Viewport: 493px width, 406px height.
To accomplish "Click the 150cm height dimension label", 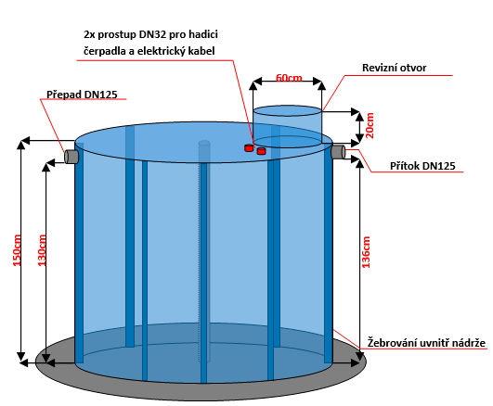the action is pyautogui.click(x=17, y=250).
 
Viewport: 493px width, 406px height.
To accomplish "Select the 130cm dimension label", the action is pyautogui.click(x=42, y=250).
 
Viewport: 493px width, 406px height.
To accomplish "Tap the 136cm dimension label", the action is pyautogui.click(x=366, y=252).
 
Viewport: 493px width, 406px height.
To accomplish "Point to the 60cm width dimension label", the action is pyautogui.click(x=289, y=78).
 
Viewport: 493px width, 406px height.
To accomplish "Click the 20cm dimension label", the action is pyautogui.click(x=370, y=125).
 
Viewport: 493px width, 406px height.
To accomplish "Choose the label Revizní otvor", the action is pyautogui.click(x=395, y=68).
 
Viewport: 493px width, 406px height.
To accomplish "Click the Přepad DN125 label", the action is pyautogui.click(x=82, y=95).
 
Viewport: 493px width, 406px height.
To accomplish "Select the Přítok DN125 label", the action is pyautogui.click(x=422, y=166).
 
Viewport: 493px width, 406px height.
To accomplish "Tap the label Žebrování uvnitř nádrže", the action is pyautogui.click(x=427, y=343).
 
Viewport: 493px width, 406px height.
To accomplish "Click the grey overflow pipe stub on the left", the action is pyautogui.click(x=71, y=157).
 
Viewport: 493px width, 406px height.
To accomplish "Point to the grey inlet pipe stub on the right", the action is pyautogui.click(x=338, y=152).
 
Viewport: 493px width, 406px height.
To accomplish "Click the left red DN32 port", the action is pyautogui.click(x=249, y=147).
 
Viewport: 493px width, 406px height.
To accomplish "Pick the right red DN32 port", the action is pyautogui.click(x=261, y=151).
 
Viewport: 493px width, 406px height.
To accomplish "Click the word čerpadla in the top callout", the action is pyautogui.click(x=105, y=51).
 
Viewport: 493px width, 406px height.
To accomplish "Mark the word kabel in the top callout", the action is pyautogui.click(x=201, y=51).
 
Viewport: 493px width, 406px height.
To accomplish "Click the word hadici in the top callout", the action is pyautogui.click(x=203, y=34).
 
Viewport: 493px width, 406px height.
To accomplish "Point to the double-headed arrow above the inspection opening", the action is pyautogui.click(x=288, y=82).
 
